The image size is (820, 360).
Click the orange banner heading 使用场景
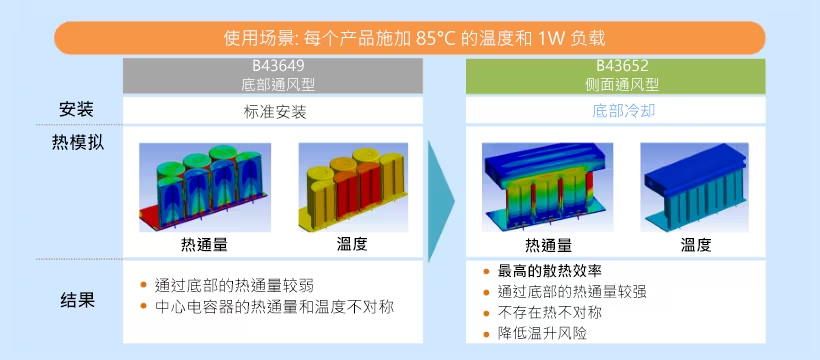point(410,38)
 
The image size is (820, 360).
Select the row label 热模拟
point(77,142)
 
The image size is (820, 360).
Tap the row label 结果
point(77,299)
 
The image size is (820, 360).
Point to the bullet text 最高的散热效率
point(556,271)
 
